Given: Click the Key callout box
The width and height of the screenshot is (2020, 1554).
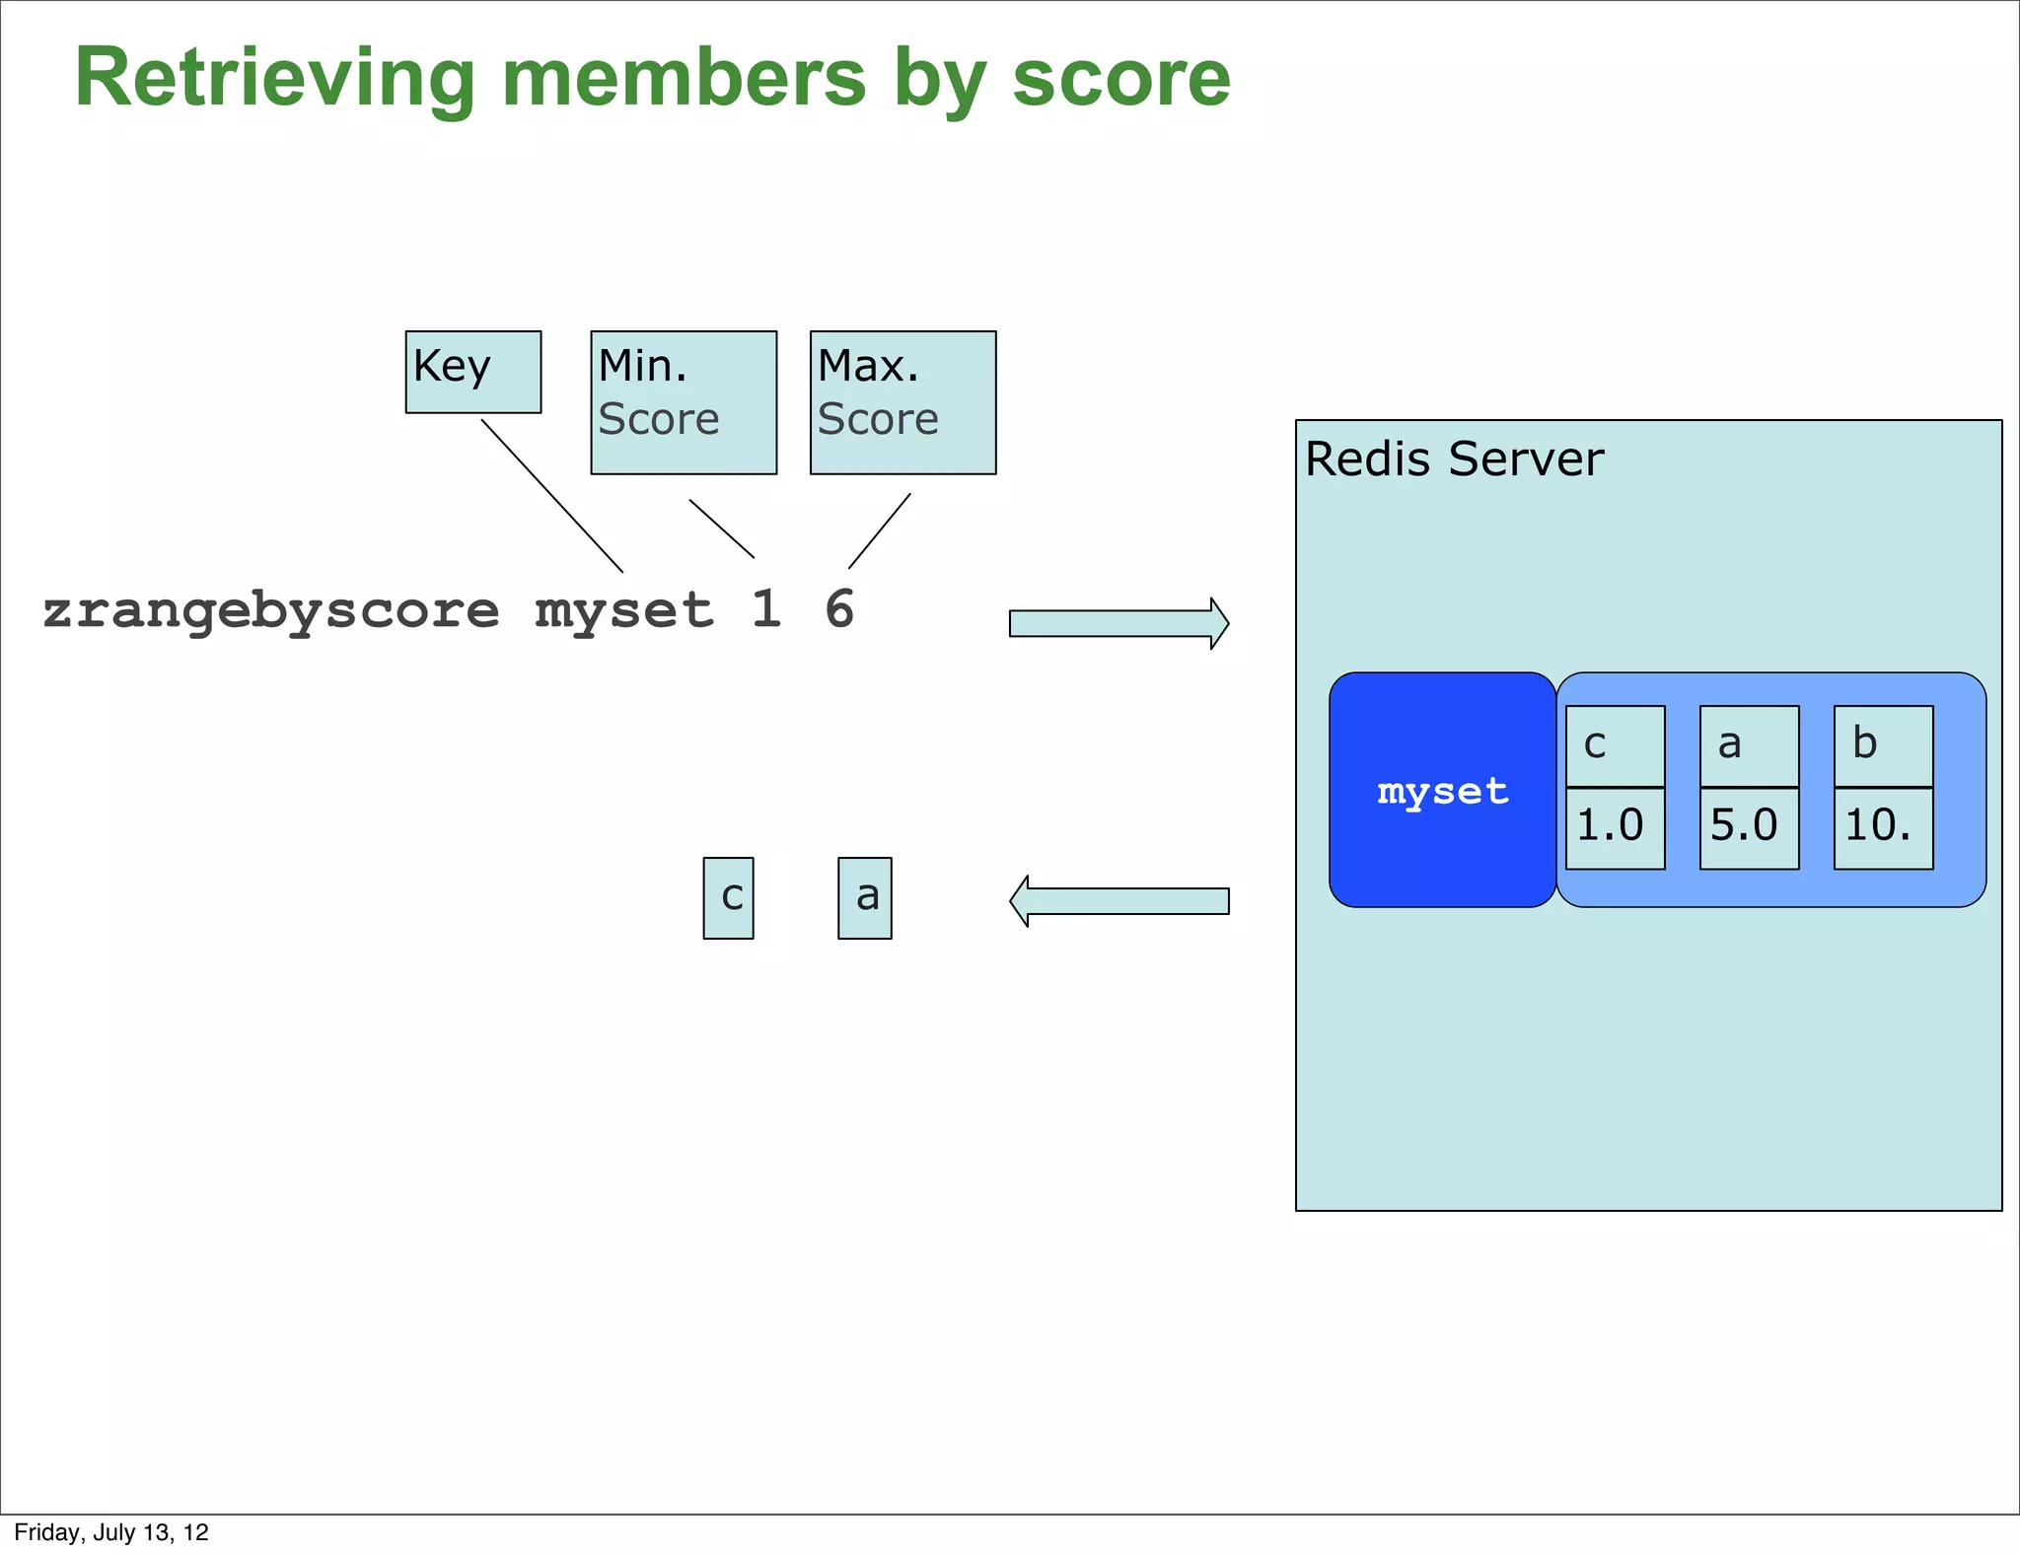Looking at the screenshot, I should point(473,372).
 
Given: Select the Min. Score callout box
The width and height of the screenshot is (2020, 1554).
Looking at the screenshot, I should point(684,402).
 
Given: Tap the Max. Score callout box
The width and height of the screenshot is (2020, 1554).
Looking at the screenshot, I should point(902,402).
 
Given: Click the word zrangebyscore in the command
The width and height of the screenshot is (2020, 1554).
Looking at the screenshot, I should point(271,611).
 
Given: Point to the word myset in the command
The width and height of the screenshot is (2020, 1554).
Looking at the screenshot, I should point(624,611).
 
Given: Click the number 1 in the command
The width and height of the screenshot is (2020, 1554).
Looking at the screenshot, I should point(766,609).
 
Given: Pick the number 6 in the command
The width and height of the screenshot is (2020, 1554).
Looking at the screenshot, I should point(839,609).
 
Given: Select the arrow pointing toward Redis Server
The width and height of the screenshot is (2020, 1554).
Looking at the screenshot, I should point(1118,623).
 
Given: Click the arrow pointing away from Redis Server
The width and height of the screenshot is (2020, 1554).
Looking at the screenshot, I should point(1118,901).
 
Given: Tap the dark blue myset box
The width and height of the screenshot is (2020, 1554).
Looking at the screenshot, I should point(1442,790).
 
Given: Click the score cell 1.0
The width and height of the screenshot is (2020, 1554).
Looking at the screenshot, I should point(1615,828).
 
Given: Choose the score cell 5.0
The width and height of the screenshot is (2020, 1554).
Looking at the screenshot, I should point(1749,828).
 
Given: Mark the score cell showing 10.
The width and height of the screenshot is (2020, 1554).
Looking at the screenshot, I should point(1883,828).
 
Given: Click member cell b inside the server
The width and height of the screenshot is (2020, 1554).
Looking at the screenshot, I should point(1883,745).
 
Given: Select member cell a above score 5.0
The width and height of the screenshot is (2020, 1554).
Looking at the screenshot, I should point(1749,745).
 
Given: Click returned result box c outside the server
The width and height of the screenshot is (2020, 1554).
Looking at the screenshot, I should point(729,897).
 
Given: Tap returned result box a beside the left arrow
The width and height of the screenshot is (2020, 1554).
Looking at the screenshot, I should point(865,897).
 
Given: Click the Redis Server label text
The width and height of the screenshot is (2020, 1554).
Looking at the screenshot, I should point(1454,459).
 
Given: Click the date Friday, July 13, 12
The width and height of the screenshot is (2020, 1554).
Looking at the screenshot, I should point(111,1532).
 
